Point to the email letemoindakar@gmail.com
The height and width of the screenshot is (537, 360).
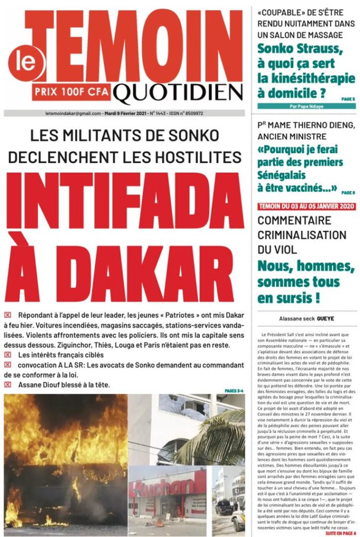tap(73, 113)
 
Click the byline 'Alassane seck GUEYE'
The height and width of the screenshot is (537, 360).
tap(306, 319)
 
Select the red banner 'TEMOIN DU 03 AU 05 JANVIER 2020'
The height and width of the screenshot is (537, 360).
tap(306, 206)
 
